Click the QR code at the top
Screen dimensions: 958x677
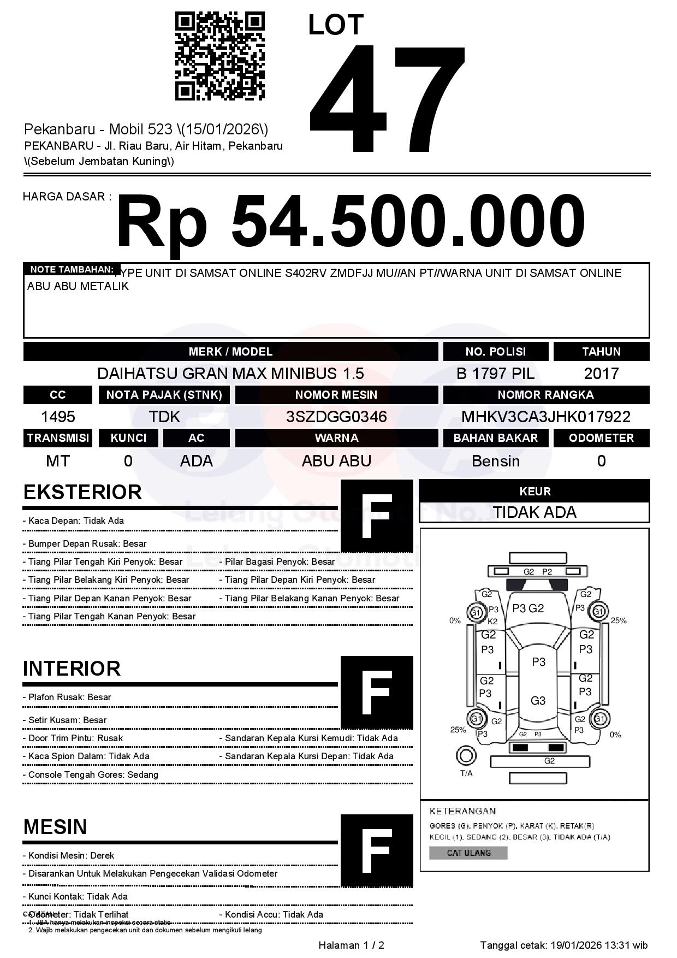pyautogui.click(x=219, y=57)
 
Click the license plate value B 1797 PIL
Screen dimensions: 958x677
pyautogui.click(x=495, y=374)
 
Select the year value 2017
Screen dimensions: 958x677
pyautogui.click(x=601, y=374)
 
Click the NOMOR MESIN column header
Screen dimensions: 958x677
pyautogui.click(x=336, y=395)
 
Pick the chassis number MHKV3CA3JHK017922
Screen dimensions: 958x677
pyautogui.click(x=546, y=417)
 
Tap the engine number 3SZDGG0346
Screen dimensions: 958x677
pyautogui.click(x=336, y=417)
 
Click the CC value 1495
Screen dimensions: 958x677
pyautogui.click(x=58, y=417)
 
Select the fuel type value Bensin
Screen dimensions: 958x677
pyautogui.click(x=495, y=461)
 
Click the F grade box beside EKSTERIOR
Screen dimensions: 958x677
pyautogui.click(x=377, y=516)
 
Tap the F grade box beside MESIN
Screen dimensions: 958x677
pyautogui.click(x=377, y=850)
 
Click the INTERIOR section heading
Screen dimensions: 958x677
pyautogui.click(x=72, y=669)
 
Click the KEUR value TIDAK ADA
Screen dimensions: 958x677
pyautogui.click(x=535, y=512)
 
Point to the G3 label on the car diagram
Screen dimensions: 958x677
pyautogui.click(x=538, y=701)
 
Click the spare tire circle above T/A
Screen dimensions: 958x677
pyautogui.click(x=466, y=756)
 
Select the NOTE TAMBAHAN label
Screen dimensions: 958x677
pyautogui.click(x=72, y=269)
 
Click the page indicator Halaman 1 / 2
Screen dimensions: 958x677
pyautogui.click(x=351, y=945)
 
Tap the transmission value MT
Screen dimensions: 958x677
pyautogui.click(x=58, y=461)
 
